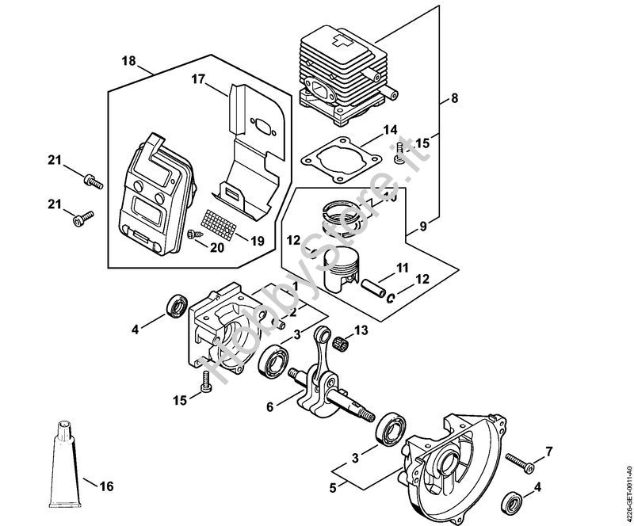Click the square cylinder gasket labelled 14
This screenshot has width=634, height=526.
337,154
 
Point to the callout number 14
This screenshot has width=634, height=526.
389,129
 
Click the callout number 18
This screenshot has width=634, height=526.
129,61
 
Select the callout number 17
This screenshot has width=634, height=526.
197,78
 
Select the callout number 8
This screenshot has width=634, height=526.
454,99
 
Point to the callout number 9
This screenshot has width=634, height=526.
422,226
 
